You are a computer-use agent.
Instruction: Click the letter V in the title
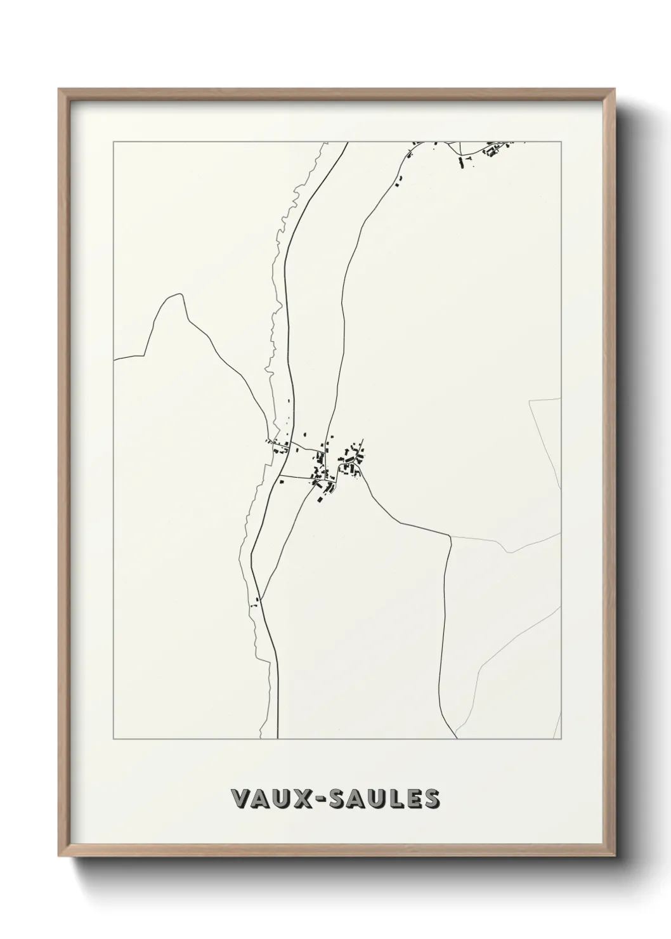coord(242,799)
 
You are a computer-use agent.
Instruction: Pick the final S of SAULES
coord(431,799)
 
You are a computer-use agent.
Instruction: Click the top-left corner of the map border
coord(114,141)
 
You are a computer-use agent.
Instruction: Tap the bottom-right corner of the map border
coord(561,739)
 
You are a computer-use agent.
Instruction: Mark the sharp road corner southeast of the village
coord(450,537)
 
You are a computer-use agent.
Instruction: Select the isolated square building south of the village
coord(319,498)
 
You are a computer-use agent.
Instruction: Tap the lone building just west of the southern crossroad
coord(251,604)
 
